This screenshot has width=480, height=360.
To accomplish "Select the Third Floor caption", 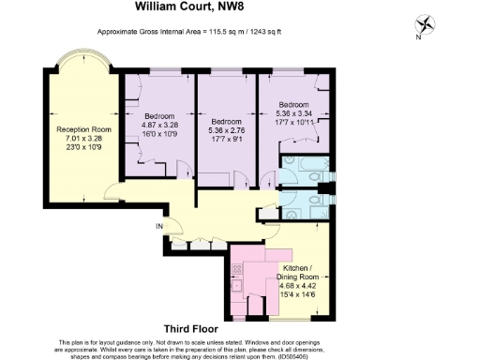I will tap(191, 329).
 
